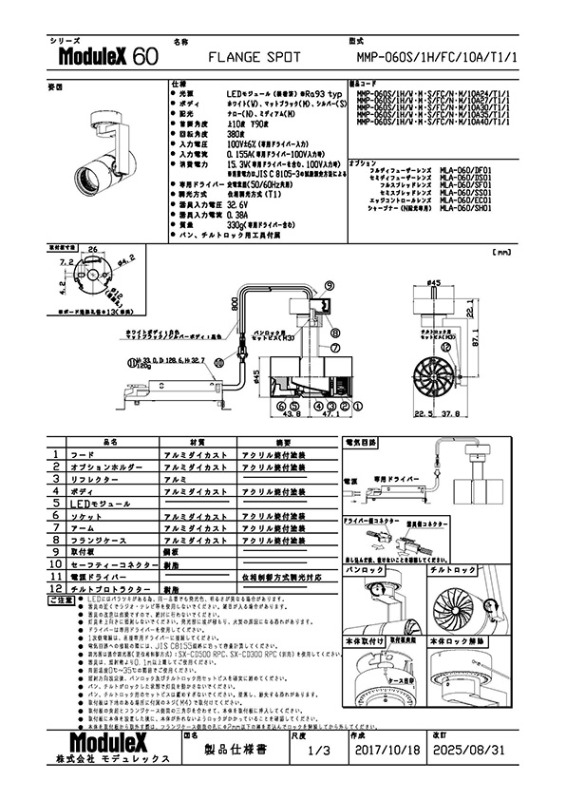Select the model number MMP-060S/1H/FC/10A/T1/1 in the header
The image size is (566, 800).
[x=436, y=58]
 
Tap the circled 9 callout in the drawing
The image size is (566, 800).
[x=328, y=284]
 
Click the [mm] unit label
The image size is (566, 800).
[x=501, y=253]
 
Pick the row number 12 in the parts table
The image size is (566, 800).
[x=57, y=590]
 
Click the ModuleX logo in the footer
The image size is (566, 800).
[x=111, y=742]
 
